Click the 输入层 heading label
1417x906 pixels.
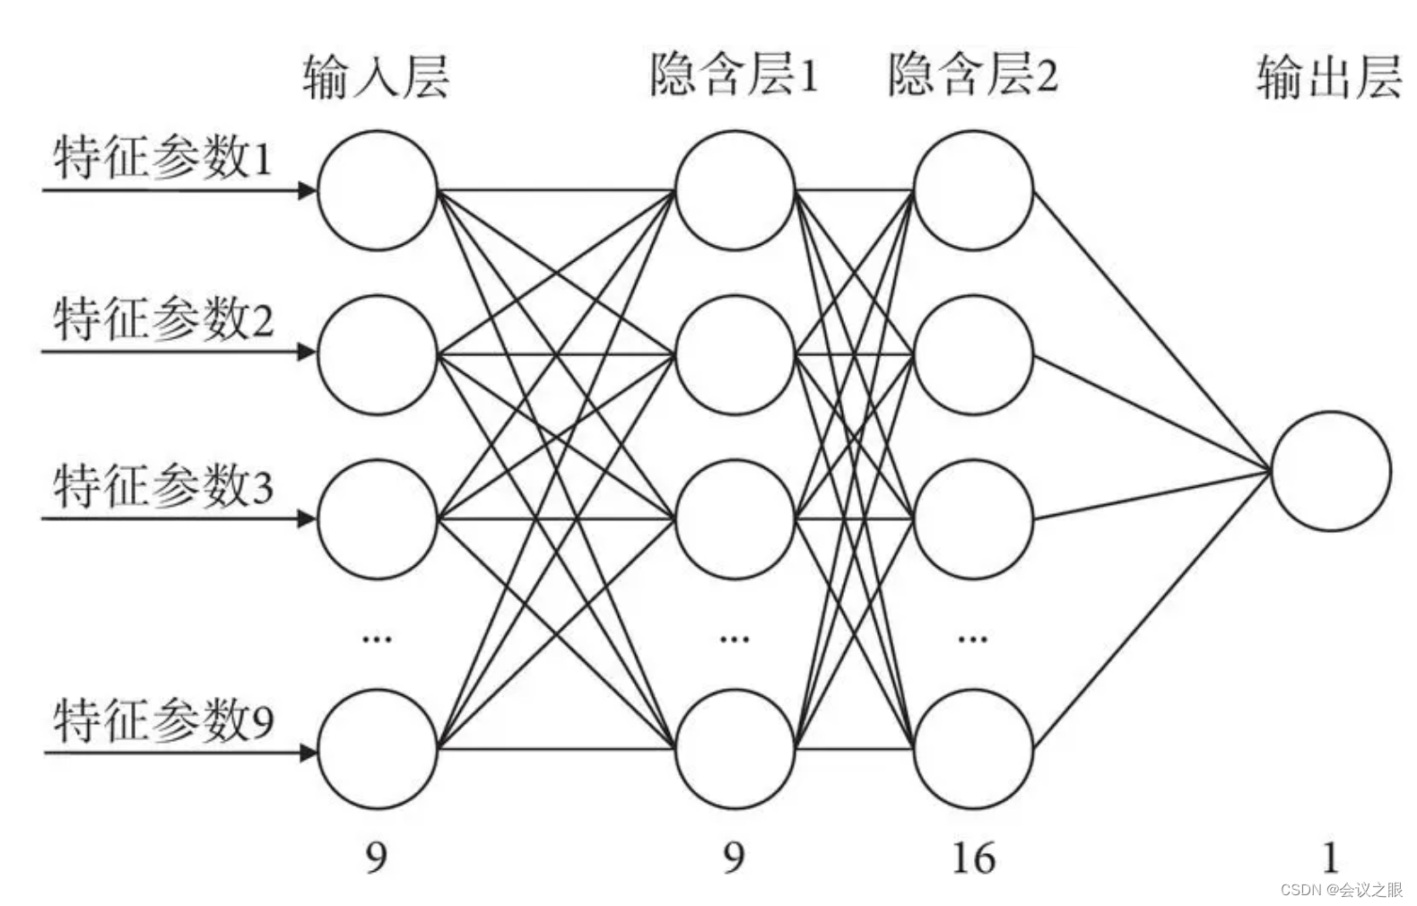click(376, 75)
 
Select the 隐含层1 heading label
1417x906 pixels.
click(734, 74)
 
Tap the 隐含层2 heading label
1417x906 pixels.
click(973, 74)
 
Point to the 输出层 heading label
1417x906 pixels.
click(1329, 75)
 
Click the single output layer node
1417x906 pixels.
click(1331, 471)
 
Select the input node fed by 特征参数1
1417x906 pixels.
click(378, 190)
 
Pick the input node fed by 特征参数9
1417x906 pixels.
click(378, 750)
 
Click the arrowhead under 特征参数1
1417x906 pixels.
click(308, 190)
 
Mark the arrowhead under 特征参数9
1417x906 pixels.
click(308, 752)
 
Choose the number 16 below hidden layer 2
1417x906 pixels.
click(973, 858)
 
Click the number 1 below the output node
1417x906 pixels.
click(1330, 858)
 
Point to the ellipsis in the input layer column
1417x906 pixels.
click(377, 639)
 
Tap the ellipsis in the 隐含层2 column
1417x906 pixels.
click(973, 639)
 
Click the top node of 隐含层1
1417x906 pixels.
click(735, 190)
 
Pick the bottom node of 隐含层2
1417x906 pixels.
click(974, 750)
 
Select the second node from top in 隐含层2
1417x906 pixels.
click(974, 354)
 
